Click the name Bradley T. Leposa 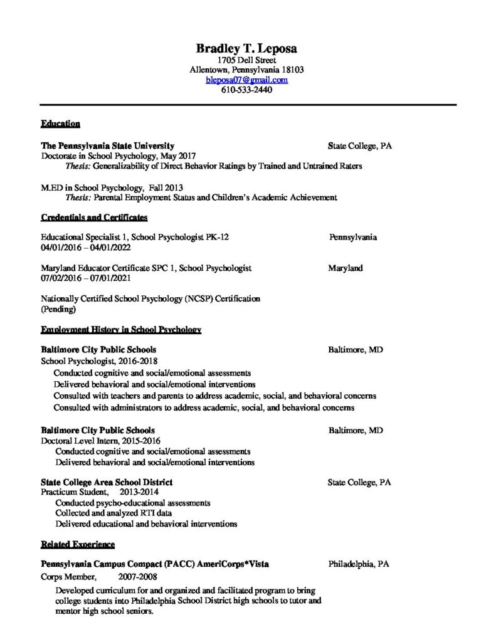coord(247,48)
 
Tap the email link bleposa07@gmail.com coord(247,80)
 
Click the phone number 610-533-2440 coord(247,90)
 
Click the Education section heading coord(60,124)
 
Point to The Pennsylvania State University coord(107,145)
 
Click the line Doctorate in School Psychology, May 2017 coord(119,155)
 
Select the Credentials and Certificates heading coord(94,218)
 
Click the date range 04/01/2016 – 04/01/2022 coord(86,248)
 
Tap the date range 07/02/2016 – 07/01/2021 coord(86,278)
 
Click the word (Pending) coord(58,309)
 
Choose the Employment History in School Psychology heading coord(121,330)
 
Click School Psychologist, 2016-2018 coord(99,361)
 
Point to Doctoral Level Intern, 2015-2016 coord(97,441)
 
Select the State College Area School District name coord(107,482)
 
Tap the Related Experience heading coord(78,543)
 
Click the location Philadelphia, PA coord(359,564)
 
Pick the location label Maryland coord(345,268)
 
